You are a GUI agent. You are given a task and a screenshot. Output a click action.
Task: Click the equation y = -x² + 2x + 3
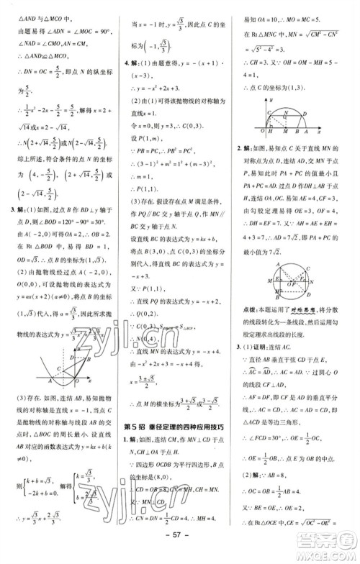157,106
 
